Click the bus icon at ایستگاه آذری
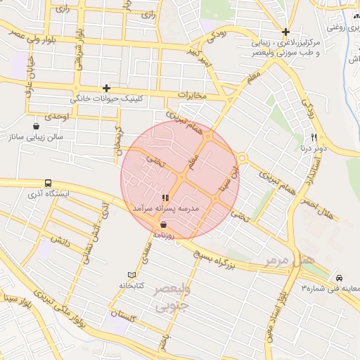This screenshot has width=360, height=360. click(48, 182)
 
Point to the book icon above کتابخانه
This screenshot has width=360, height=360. click(131, 275)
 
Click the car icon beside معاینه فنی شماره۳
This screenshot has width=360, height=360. click(340, 277)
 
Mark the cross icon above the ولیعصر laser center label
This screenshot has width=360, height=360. click(285, 32)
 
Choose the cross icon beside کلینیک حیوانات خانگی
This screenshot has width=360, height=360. click(105, 88)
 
